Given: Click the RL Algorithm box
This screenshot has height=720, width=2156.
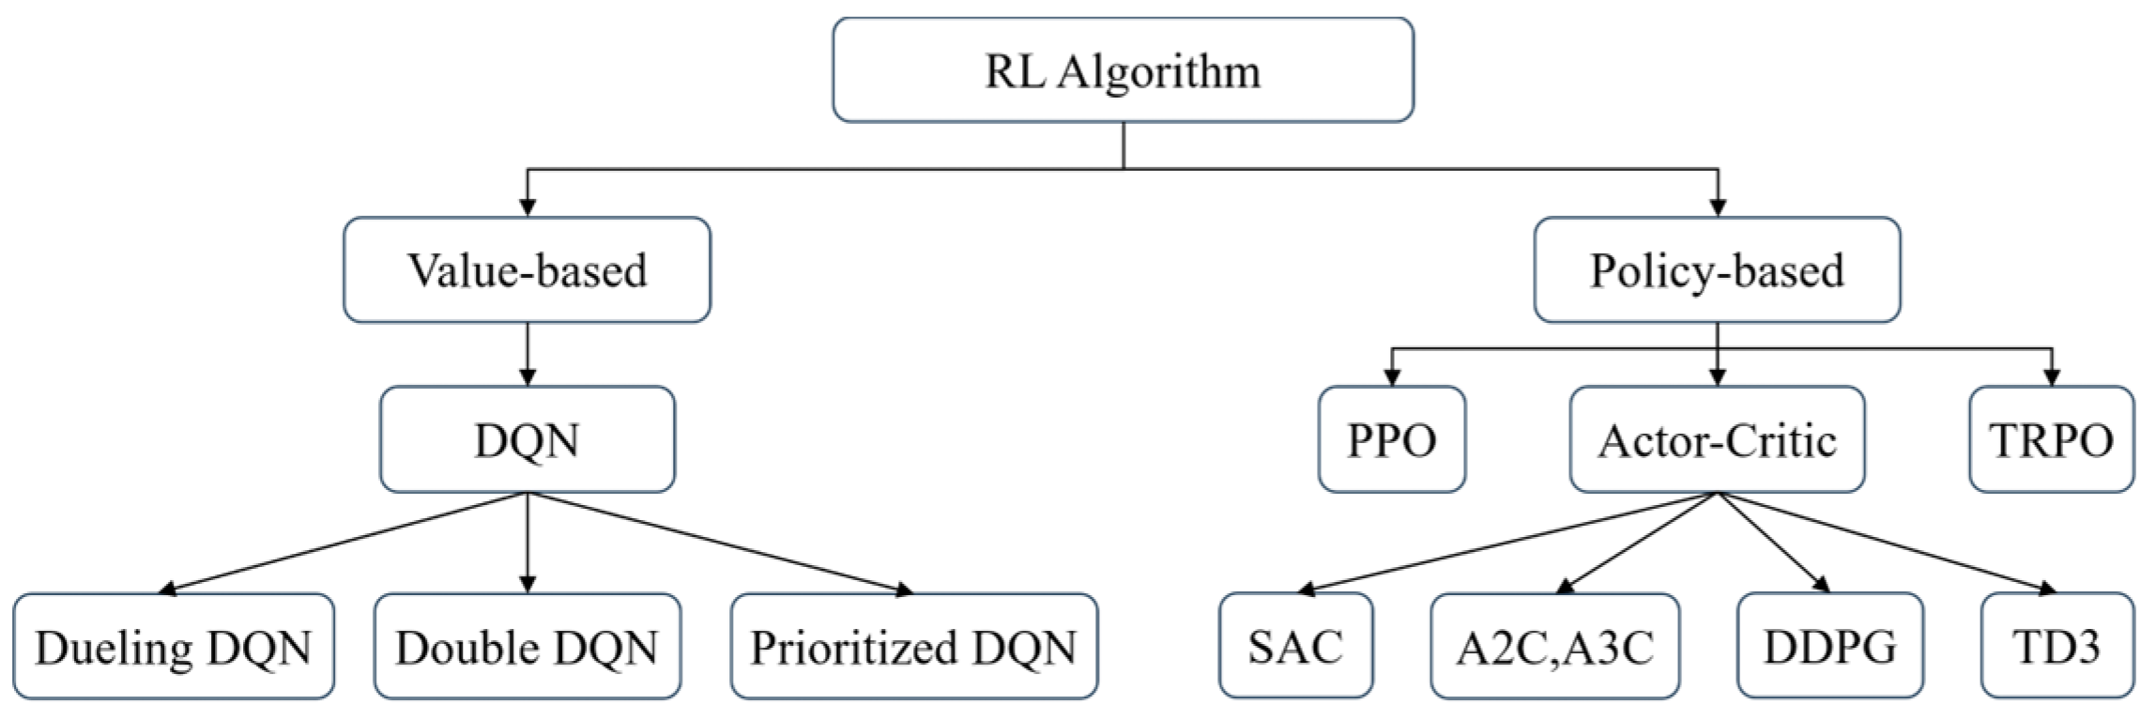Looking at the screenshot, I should tap(1123, 70).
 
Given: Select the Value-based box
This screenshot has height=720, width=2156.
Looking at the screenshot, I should tap(527, 270).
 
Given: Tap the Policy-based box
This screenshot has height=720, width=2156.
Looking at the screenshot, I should tap(1717, 270).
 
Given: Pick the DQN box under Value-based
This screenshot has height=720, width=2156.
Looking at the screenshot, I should tap(527, 439).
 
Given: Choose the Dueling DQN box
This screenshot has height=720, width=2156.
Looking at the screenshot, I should tap(174, 646).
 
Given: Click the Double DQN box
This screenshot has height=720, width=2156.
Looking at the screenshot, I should tap(527, 646).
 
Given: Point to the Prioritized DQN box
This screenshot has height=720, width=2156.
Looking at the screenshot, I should tap(913, 646).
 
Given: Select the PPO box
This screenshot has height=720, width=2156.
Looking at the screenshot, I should tap(1391, 439).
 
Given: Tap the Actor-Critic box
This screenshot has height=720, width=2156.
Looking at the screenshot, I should tap(1717, 439).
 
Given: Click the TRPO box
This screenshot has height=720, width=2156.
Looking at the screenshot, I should tap(2051, 439).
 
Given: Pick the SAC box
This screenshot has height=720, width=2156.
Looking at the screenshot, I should tap(1295, 646).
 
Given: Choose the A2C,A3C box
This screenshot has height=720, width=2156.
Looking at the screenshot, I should tap(1554, 646).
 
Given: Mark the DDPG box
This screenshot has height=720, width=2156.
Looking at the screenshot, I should tap(1829, 646).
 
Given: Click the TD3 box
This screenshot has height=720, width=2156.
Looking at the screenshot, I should tap(2057, 646).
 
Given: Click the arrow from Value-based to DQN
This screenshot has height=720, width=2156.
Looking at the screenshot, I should tap(527, 355).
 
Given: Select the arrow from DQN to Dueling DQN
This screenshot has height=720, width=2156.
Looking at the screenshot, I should tap(343, 543).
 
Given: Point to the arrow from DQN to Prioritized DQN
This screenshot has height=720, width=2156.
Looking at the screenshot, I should tap(720, 543).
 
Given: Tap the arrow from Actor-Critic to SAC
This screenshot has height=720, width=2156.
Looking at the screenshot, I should tap(1506, 543).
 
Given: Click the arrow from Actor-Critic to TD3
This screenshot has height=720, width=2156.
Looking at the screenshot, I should tap(1887, 543).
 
